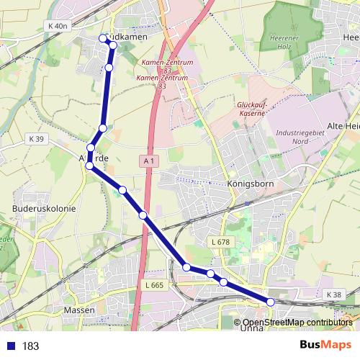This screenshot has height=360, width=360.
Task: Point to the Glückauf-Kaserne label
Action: coord(253,108)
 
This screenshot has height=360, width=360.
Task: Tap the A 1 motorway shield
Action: coord(148,162)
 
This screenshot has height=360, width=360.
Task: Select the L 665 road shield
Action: coord(155,286)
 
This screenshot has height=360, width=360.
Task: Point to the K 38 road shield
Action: coord(334,294)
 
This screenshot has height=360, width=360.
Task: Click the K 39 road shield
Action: coord(36,139)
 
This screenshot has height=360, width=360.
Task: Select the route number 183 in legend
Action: coord(30,346)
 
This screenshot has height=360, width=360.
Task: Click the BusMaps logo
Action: coord(325,346)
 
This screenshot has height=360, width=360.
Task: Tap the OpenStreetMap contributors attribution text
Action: coord(297,323)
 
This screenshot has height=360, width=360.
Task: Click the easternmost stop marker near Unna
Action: coord(271,302)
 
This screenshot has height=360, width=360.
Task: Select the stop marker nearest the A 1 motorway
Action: coord(143,215)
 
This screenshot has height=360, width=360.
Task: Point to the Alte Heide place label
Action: coord(343,126)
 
